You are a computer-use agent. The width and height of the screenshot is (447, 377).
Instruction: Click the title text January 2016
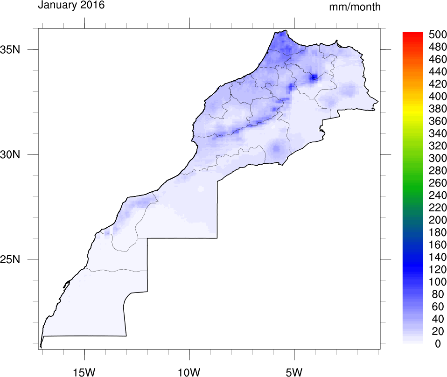[71, 6]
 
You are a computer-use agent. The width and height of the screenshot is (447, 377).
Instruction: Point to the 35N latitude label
[22, 49]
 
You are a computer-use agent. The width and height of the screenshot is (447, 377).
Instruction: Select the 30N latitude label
[22, 154]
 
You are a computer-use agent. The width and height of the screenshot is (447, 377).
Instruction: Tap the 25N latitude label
[22, 259]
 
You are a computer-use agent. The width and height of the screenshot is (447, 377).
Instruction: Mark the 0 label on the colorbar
[437, 344]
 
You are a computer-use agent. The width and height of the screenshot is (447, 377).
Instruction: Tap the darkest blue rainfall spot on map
[314, 77]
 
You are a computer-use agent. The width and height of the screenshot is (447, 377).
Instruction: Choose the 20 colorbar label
[437, 331]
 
